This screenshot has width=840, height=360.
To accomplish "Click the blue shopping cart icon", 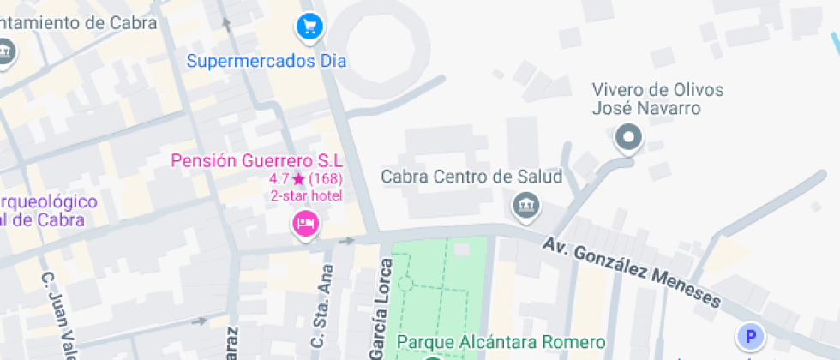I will pyautogui.click(x=309, y=27).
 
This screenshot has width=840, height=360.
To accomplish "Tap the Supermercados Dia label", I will pyautogui.click(x=267, y=62).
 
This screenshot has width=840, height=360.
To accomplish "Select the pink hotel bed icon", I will pyautogui.click(x=306, y=225).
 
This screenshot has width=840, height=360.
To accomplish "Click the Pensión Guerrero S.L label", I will pyautogui.click(x=257, y=160).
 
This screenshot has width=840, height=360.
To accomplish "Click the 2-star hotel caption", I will pyautogui.click(x=306, y=196).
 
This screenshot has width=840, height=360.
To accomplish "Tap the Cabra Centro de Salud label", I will pyautogui.click(x=471, y=177).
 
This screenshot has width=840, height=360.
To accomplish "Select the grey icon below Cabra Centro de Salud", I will pyautogui.click(x=524, y=206).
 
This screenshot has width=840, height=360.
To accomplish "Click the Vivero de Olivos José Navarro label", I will pyautogui.click(x=646, y=99).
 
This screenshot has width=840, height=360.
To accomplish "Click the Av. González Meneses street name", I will pyautogui.click(x=632, y=272).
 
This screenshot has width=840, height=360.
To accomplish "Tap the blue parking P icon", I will pyautogui.click(x=751, y=336).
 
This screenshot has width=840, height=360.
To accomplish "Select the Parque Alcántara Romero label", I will pyautogui.click(x=501, y=343).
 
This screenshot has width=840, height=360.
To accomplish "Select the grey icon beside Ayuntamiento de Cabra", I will pyautogui.click(x=6, y=51).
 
